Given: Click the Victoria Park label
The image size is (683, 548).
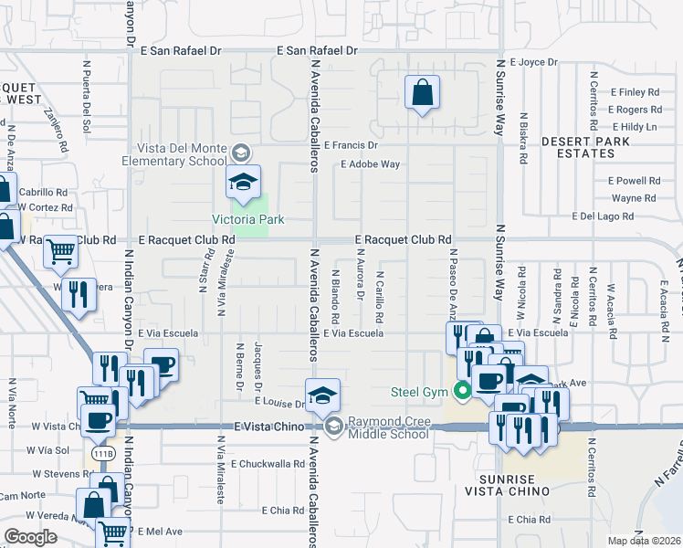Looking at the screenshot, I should pos(248,219).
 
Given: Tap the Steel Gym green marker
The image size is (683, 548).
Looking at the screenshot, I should pos(463,393).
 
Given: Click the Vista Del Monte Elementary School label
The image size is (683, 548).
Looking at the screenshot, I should pos(181,154).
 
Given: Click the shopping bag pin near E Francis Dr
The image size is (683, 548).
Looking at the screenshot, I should pos(422,92).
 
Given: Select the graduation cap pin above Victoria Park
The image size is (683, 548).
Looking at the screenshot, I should pos(244,182).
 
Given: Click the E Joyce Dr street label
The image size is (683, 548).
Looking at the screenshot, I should pos(533,62).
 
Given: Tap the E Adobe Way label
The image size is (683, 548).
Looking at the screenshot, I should pos(370,164).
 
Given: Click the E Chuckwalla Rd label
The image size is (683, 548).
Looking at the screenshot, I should pos(268,464).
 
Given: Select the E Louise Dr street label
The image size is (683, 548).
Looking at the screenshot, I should pos(280,403).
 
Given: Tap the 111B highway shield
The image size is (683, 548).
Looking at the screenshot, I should pos(102,453).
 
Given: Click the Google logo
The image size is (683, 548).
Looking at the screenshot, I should pos(31,536).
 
